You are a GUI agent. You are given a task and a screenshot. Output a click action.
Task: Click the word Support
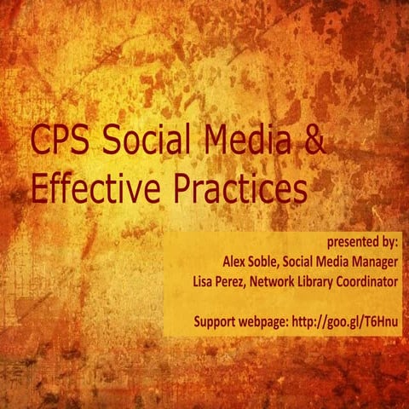tap(216, 321)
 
